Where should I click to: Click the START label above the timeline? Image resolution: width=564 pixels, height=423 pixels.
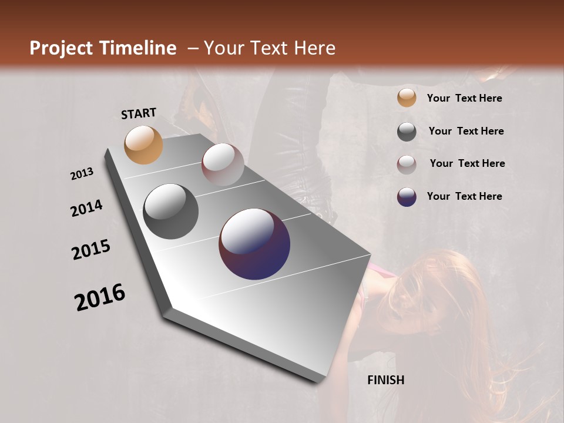click(x=139, y=113)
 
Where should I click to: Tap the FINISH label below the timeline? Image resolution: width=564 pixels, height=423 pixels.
click(x=386, y=380)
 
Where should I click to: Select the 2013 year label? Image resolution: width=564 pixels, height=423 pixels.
click(x=82, y=174)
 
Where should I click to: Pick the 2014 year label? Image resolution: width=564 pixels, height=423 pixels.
click(x=86, y=208)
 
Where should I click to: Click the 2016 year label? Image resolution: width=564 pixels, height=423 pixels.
click(x=100, y=297)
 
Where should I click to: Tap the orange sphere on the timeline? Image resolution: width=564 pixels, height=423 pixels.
click(x=143, y=145)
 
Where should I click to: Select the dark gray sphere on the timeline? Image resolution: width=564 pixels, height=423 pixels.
click(x=171, y=211)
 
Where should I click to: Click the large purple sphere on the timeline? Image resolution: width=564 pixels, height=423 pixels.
click(x=254, y=244)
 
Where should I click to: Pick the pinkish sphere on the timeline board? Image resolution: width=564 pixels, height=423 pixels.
click(x=223, y=164)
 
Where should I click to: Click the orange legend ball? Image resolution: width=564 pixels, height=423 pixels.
click(x=407, y=98)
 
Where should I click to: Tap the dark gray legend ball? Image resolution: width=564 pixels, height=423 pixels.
click(x=407, y=132)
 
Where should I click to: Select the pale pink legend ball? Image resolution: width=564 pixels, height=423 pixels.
click(x=407, y=164)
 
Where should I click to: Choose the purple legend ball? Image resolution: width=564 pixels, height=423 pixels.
click(x=407, y=197)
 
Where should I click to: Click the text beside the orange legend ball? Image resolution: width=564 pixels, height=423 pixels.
click(x=464, y=99)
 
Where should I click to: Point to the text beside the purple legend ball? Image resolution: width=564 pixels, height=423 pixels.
click(x=464, y=196)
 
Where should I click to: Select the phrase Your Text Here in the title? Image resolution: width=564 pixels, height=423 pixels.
click(x=269, y=48)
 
